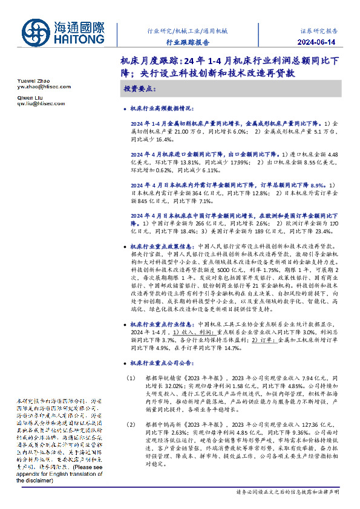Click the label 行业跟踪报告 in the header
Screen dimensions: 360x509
click(x=188, y=42)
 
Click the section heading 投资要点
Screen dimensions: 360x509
click(x=140, y=89)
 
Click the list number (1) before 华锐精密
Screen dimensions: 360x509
click(x=131, y=378)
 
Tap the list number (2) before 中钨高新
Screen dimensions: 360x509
click(x=131, y=425)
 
